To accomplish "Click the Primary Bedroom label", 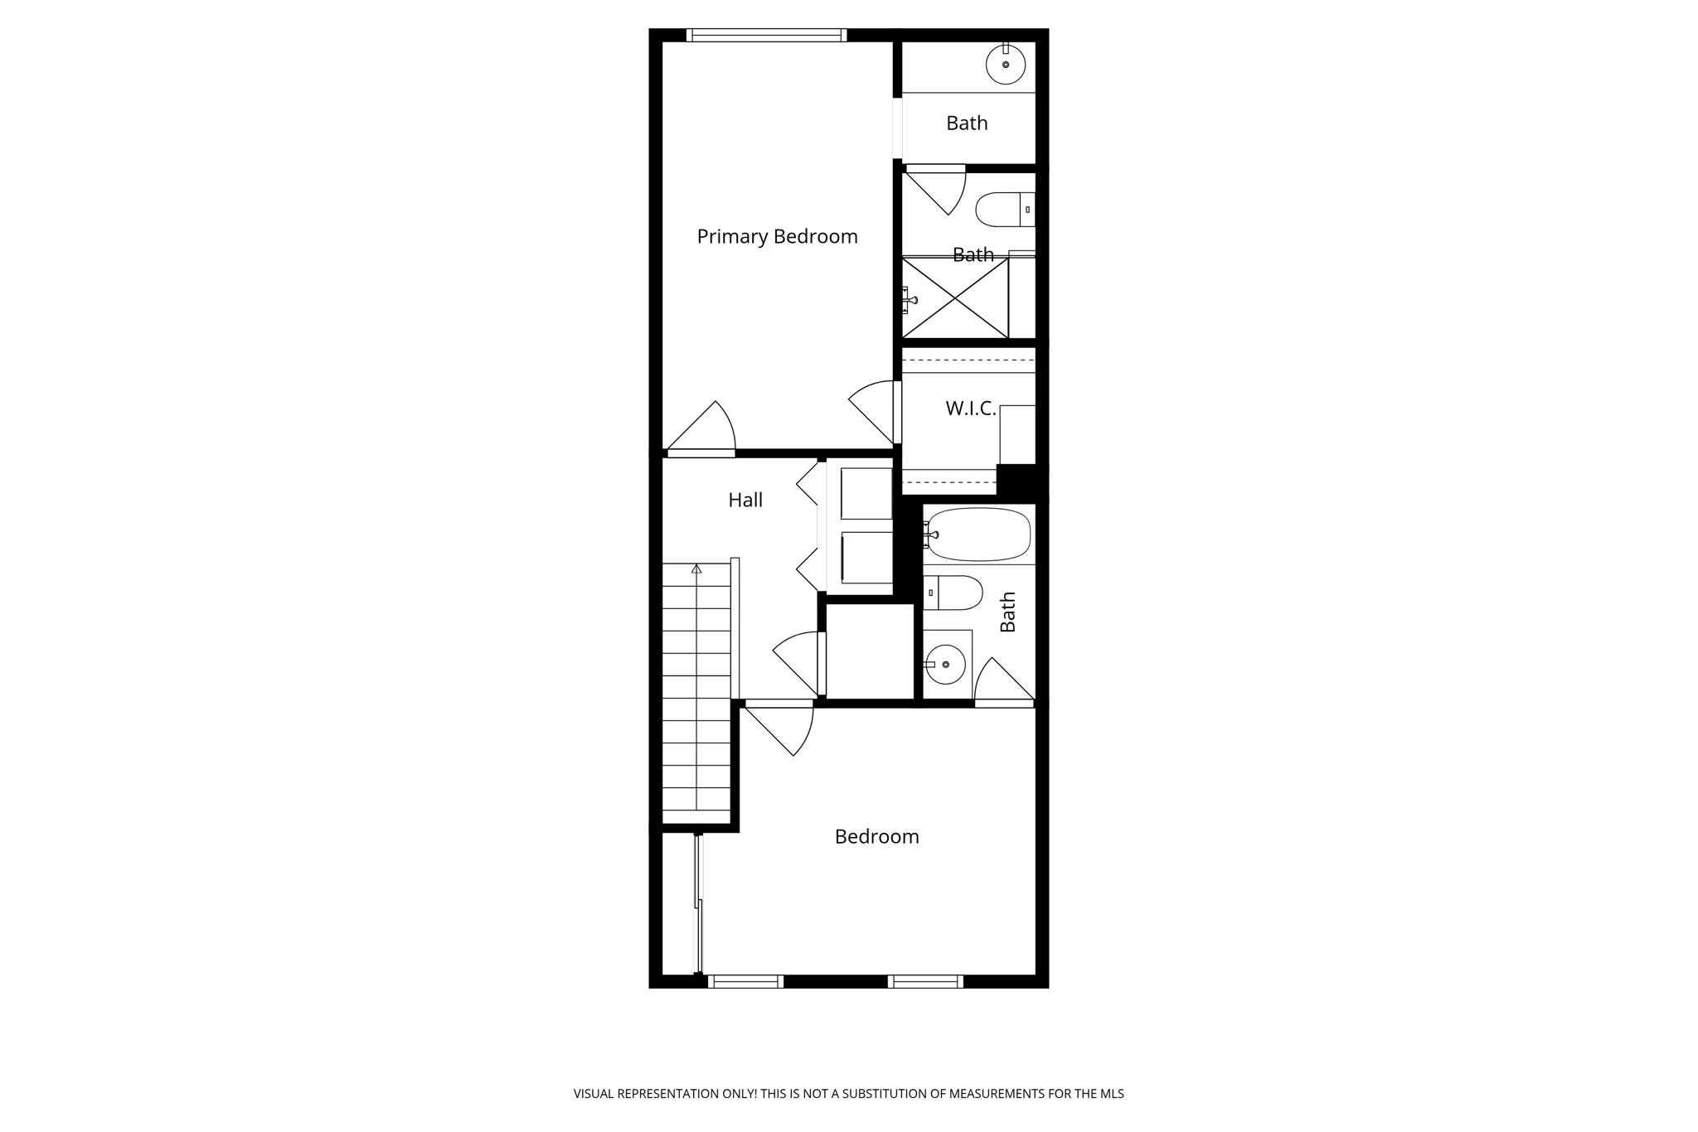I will click(x=777, y=237).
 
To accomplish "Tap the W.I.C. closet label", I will click(x=970, y=409).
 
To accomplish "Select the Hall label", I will click(x=745, y=500).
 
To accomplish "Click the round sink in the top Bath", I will click(x=1006, y=65).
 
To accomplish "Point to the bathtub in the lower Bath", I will click(x=979, y=535).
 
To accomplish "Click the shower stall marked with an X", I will click(x=955, y=298).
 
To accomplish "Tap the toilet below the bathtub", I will click(x=953, y=593).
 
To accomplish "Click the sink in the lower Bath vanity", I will click(x=945, y=664).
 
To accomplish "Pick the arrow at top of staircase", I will click(x=696, y=569).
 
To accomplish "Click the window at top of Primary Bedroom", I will click(x=766, y=35).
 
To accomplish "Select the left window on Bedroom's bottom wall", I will click(x=745, y=982).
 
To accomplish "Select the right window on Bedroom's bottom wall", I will click(x=925, y=982).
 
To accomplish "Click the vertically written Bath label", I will click(x=1008, y=612).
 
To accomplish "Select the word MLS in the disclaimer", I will click(x=1111, y=1094).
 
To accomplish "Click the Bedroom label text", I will click(x=876, y=837).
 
